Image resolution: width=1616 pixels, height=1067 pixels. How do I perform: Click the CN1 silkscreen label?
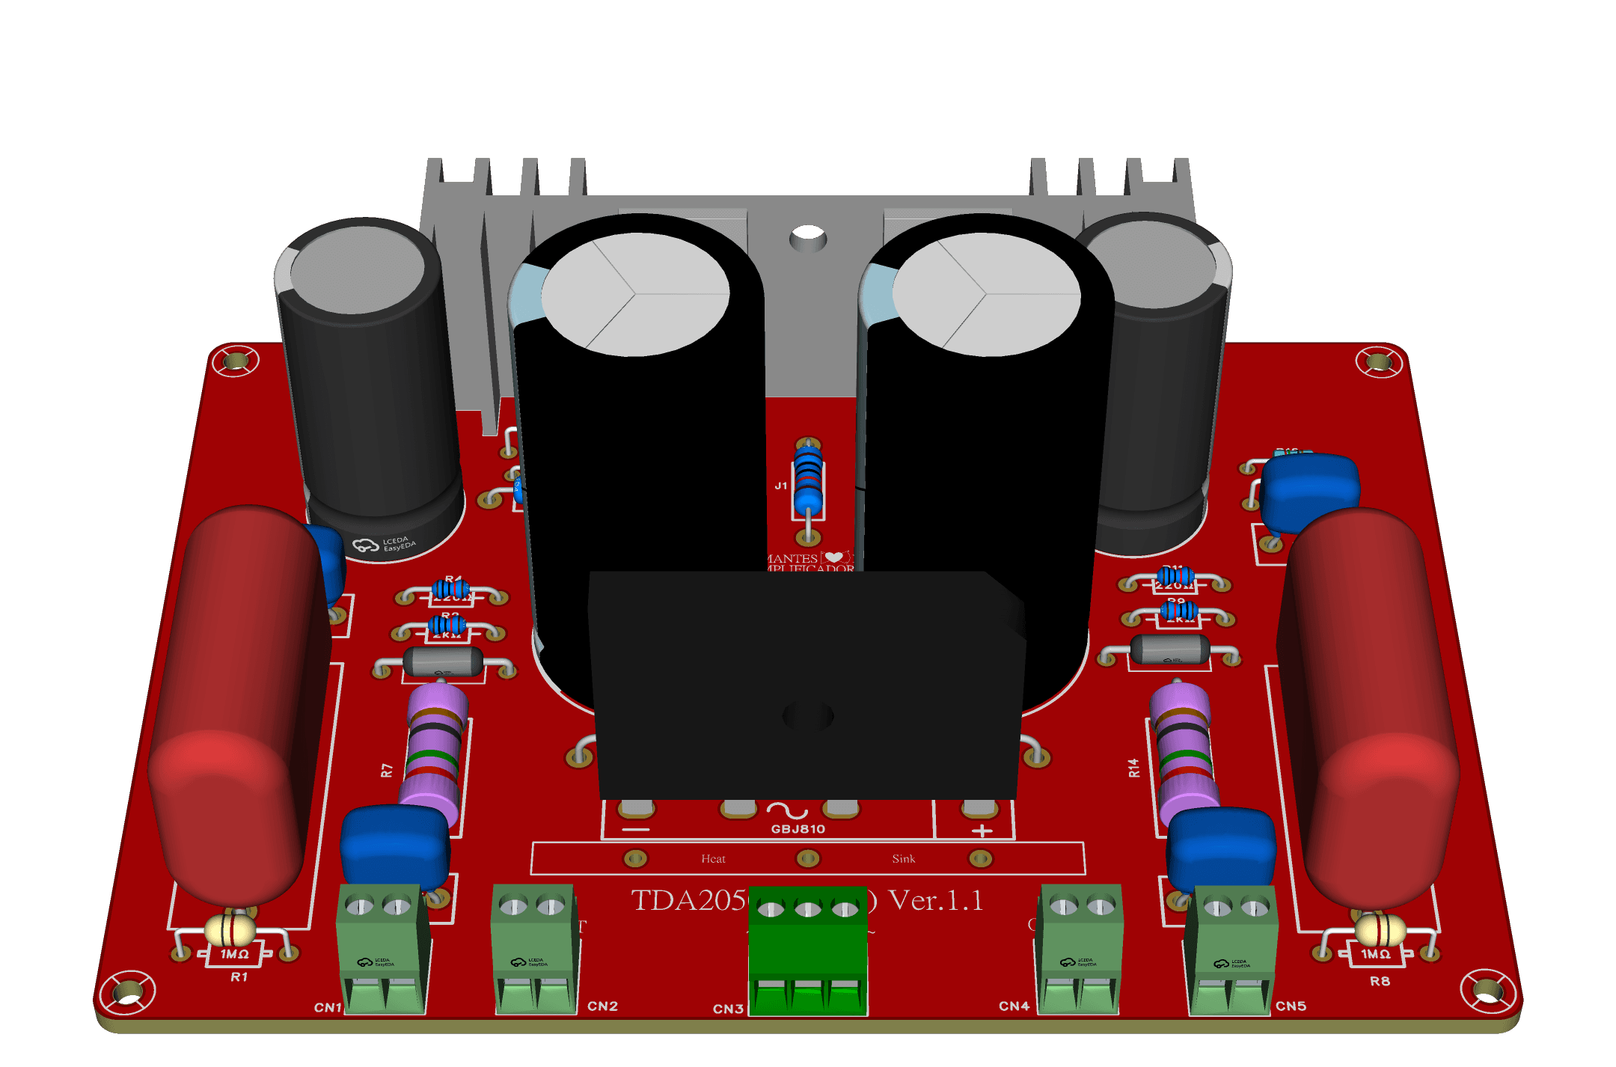327,1007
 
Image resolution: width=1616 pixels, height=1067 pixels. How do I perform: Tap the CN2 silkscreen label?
602,1006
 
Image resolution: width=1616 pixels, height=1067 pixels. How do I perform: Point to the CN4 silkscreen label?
1014,1006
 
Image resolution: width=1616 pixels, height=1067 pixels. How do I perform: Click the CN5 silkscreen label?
1291,1006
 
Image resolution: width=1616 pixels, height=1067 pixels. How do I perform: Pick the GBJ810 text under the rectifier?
798,829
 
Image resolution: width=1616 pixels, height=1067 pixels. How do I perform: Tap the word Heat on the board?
713,859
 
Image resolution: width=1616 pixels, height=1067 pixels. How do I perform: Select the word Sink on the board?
903,859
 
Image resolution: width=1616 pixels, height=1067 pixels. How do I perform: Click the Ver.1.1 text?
935,900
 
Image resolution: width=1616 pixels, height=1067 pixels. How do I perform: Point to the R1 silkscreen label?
239,976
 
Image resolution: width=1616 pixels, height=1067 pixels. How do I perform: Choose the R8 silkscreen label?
1380,981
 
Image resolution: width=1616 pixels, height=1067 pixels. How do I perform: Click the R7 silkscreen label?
387,770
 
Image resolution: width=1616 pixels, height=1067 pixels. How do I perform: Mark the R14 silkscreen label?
1134,768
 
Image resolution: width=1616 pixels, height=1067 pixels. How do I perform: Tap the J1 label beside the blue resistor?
780,486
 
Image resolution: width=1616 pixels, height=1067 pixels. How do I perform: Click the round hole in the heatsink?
808,239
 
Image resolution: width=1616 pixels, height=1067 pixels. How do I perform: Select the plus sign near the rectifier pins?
982,831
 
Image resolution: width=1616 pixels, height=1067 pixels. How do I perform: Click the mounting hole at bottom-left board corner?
128,991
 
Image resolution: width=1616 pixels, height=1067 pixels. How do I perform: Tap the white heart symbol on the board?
833,557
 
